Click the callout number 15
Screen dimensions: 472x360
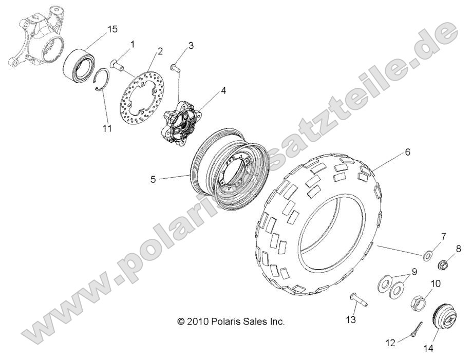(112, 29)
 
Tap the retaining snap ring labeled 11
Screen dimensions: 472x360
(102, 79)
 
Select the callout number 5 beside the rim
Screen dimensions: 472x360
(153, 180)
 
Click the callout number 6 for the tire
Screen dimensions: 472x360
(407, 152)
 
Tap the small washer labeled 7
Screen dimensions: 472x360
(427, 256)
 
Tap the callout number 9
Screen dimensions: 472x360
(414, 272)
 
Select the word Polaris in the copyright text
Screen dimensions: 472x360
(225, 322)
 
